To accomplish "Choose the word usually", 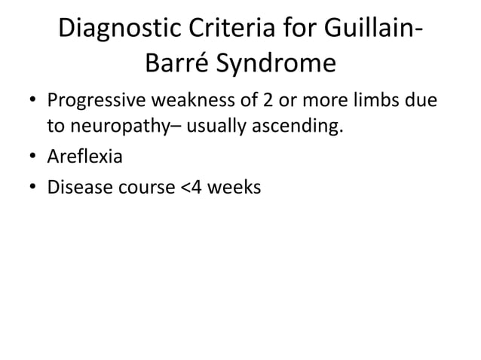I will pyautogui.click(x=216, y=128).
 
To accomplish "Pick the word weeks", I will pyautogui.click(x=235, y=187).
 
